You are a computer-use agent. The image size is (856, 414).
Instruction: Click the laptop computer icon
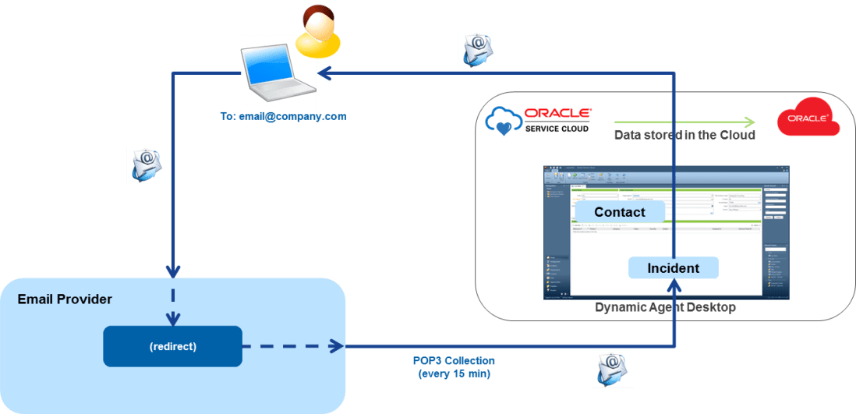point(277,73)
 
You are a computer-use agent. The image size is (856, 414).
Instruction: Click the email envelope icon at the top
point(478,51)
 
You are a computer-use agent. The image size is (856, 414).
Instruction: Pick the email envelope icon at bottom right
point(613,368)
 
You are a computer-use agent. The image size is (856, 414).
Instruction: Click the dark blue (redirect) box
point(172,346)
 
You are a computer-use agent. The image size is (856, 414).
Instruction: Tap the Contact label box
point(620,212)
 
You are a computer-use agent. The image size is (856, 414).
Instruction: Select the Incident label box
point(674,268)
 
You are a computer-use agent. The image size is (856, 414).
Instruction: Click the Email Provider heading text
point(65,299)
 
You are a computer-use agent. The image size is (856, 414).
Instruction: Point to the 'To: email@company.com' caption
point(283,117)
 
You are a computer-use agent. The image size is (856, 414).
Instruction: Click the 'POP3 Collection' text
point(454,361)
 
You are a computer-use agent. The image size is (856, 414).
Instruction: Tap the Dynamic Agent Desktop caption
point(665,308)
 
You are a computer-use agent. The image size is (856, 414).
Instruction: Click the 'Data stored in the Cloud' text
point(684,135)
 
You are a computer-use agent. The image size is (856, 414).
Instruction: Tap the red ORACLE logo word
point(558,112)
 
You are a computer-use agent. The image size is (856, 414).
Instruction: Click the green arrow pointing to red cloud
point(684,122)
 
